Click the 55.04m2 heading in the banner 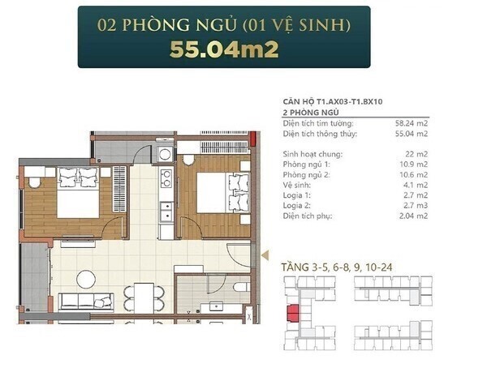[x=224, y=49]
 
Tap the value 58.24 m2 [x=412, y=123]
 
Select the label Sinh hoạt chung [x=312, y=154]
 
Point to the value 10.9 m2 [x=413, y=165]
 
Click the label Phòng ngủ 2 [x=306, y=175]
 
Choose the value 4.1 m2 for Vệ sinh [x=416, y=185]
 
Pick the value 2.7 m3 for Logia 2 [x=416, y=206]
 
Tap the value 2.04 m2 [x=413, y=216]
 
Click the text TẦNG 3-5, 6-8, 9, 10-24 [x=337, y=267]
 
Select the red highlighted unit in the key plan [x=293, y=313]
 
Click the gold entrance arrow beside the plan [x=265, y=255]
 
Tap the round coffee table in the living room [x=86, y=280]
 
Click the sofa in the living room [x=86, y=301]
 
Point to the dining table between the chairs [x=144, y=298]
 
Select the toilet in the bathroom [x=241, y=287]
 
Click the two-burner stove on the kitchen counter [x=166, y=179]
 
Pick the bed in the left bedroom [x=78, y=193]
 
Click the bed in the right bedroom [x=223, y=193]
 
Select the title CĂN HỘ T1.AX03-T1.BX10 [x=333, y=101]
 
